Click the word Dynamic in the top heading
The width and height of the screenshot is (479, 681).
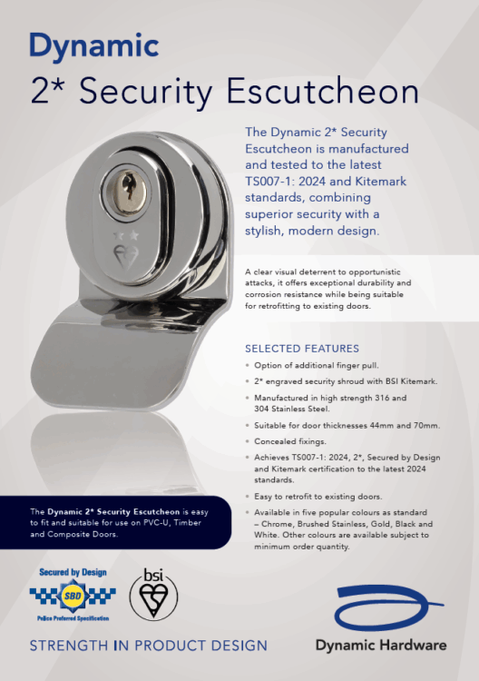click(94, 44)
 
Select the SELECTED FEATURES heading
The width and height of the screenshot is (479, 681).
click(302, 349)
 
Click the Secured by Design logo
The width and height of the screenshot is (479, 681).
click(73, 595)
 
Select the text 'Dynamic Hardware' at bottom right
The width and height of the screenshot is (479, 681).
click(381, 645)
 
